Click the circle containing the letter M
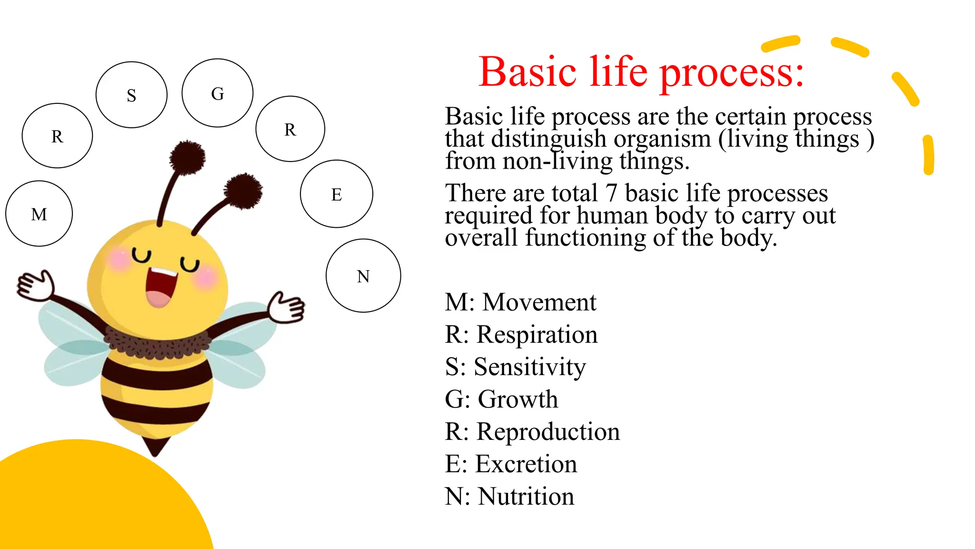tap(39, 213)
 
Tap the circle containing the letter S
tap(131, 95)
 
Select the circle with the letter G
tap(218, 93)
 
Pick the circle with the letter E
tap(337, 194)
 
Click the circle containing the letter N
tap(363, 276)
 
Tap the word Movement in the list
tap(539, 302)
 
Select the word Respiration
tap(537, 335)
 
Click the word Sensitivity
tap(529, 367)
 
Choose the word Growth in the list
tap(517, 399)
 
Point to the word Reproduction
tap(548, 432)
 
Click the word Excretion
tap(526, 464)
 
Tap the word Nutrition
tap(526, 497)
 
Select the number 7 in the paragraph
tap(611, 193)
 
